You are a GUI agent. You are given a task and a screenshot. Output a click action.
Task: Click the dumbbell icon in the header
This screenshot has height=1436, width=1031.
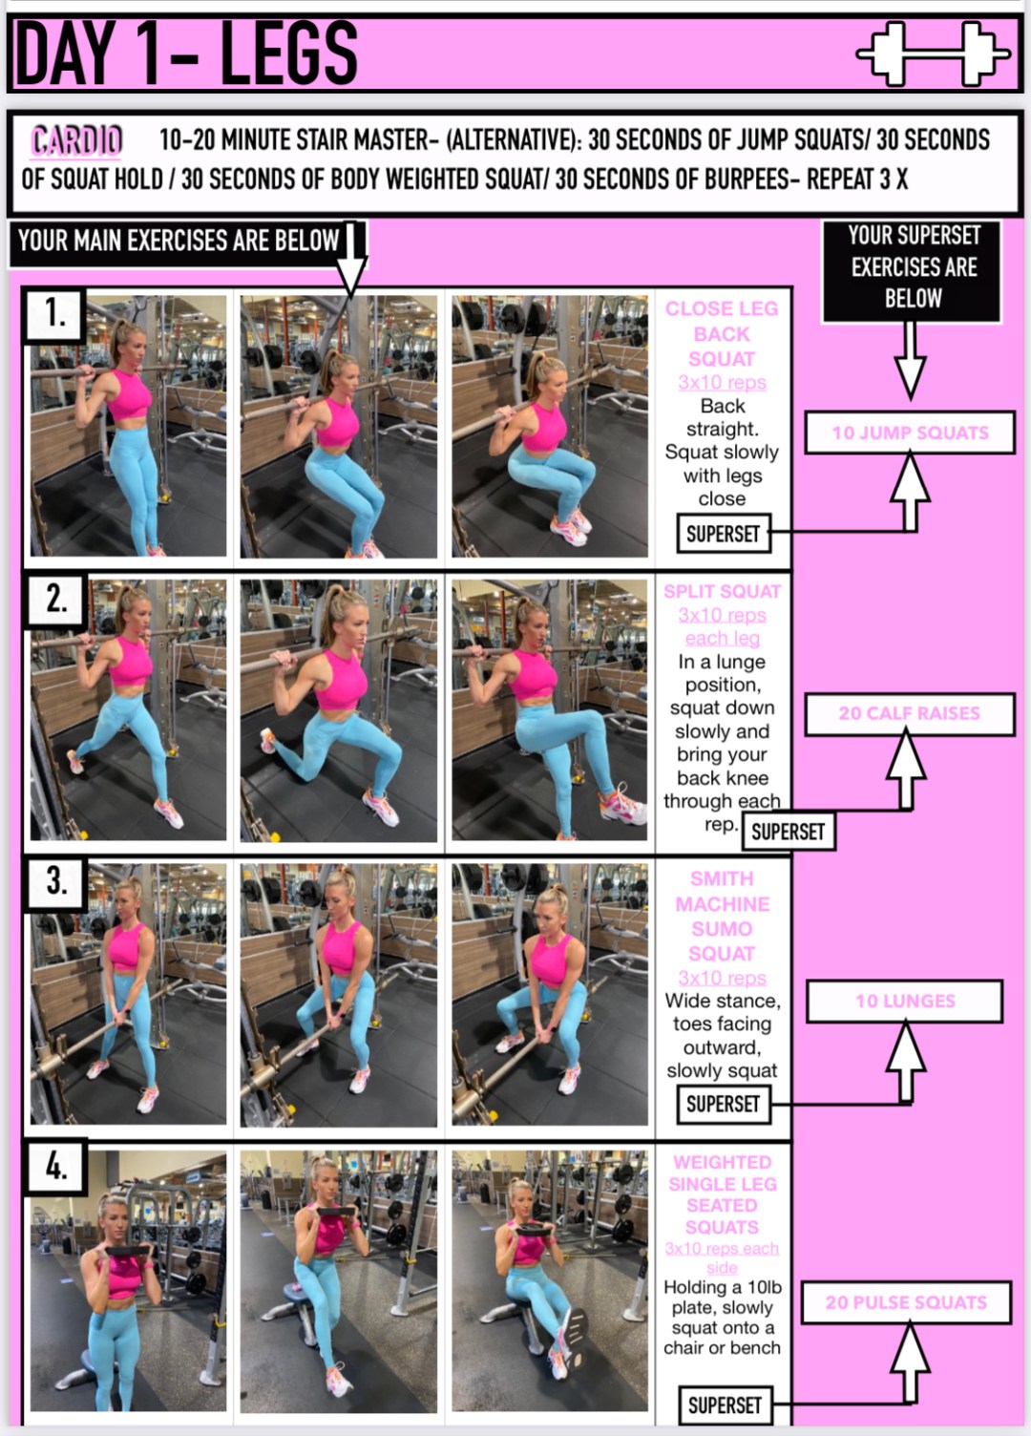pos(933,53)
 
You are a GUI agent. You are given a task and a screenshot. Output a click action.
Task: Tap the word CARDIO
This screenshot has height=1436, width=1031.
pos(76,140)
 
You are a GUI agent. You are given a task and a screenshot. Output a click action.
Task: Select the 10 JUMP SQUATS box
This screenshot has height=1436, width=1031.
pos(909,433)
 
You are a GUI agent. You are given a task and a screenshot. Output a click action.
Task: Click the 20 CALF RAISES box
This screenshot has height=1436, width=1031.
pos(909,713)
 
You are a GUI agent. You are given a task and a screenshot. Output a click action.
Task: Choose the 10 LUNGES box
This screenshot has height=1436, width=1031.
pos(904,1001)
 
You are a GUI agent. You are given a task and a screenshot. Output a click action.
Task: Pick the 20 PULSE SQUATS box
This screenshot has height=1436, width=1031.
pos(905,1302)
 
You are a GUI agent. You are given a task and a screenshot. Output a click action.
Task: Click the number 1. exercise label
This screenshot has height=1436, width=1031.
pos(55,312)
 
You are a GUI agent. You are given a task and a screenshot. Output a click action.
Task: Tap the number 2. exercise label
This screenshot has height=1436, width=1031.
pos(56,599)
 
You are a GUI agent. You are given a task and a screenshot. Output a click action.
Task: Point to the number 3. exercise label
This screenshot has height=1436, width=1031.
pos(56,880)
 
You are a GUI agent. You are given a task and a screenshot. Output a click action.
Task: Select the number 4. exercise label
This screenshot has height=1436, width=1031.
pos(56,1166)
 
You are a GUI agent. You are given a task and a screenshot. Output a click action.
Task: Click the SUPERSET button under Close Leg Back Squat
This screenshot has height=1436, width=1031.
pos(723,534)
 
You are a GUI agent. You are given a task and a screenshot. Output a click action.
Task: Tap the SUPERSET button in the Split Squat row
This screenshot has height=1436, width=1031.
pos(788,832)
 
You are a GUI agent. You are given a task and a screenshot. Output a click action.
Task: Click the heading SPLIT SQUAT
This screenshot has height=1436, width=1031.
pos(722,591)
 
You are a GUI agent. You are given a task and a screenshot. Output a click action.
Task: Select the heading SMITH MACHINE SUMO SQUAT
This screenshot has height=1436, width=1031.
pos(722,916)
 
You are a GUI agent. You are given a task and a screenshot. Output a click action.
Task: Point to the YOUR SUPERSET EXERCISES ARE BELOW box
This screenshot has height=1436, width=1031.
pos(913,267)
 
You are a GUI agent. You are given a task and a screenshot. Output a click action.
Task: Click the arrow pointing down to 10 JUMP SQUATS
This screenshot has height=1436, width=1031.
pos(911,360)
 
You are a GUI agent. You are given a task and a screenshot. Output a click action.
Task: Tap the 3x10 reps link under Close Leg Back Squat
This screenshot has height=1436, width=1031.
pos(722,383)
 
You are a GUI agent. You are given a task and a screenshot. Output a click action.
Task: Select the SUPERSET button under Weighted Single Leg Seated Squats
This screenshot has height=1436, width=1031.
pos(725,1405)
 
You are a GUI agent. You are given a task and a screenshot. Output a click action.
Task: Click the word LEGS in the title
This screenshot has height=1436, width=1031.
pos(288,53)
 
